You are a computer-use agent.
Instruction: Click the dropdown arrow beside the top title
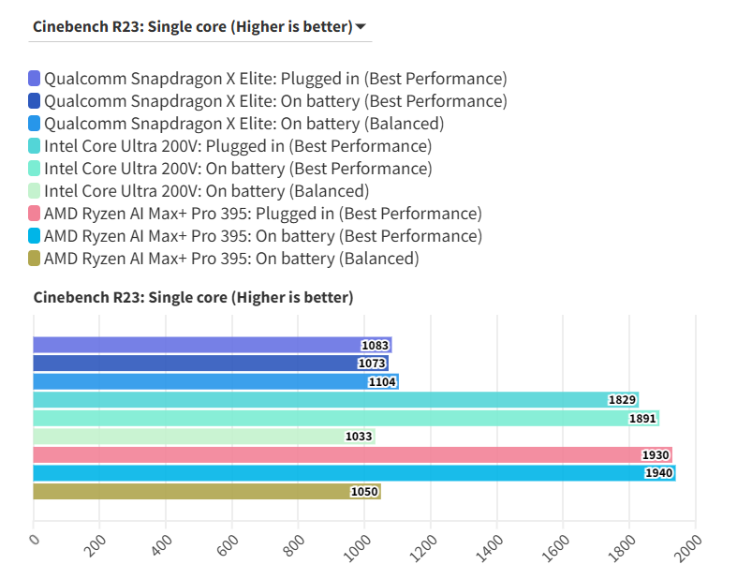[361, 27]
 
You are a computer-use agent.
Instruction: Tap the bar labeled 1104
[215, 381]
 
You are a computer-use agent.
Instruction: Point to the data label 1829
[622, 400]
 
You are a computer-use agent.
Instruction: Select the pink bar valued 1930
[352, 454]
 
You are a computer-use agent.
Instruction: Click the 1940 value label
[658, 473]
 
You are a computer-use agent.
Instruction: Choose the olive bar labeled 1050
[206, 491]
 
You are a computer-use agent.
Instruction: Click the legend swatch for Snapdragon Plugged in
[35, 79]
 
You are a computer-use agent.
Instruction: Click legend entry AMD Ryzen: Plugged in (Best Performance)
[262, 214]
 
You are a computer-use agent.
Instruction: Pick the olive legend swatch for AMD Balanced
[35, 259]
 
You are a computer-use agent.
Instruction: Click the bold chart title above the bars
[193, 298]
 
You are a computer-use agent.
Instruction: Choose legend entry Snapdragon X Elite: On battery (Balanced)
[243, 124]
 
